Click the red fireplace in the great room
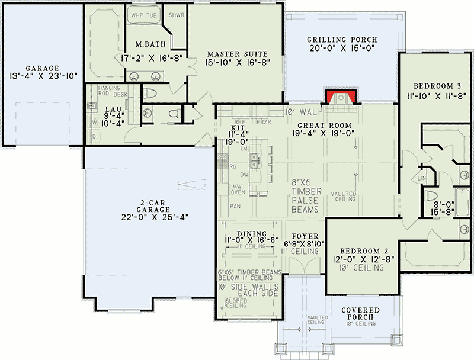[341, 98]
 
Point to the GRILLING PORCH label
[342, 40]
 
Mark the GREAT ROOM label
[324, 125]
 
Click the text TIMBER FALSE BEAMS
[306, 200]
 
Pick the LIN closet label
[422, 177]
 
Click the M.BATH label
[146, 44]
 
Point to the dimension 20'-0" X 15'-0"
[342, 49]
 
